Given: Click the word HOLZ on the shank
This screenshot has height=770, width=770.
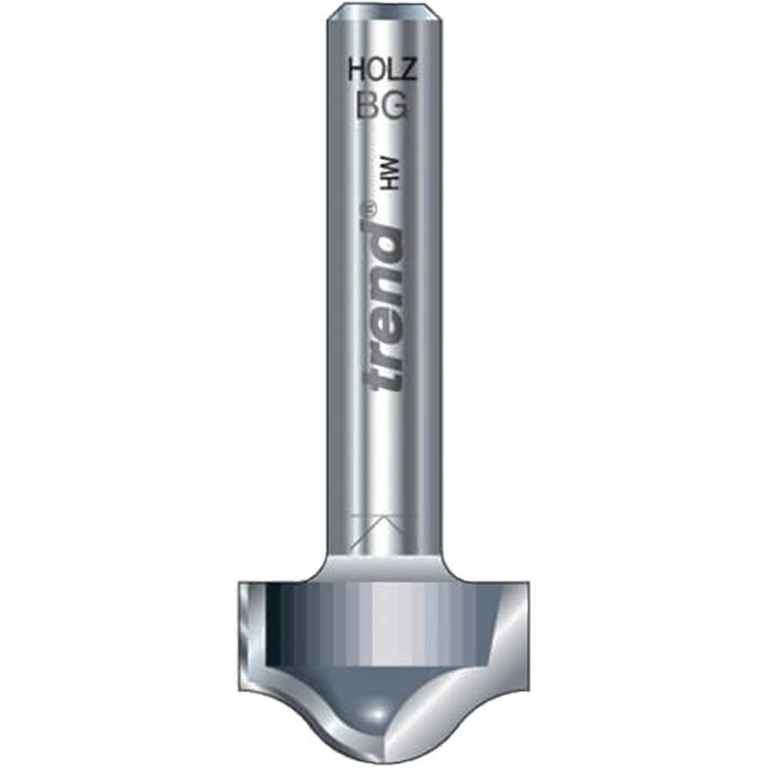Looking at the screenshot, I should tap(382, 71).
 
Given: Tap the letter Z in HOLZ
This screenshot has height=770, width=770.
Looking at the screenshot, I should tap(408, 71).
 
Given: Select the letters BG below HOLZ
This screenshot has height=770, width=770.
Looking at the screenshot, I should tap(383, 105).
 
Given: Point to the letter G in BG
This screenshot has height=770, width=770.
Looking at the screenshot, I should tap(394, 105).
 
